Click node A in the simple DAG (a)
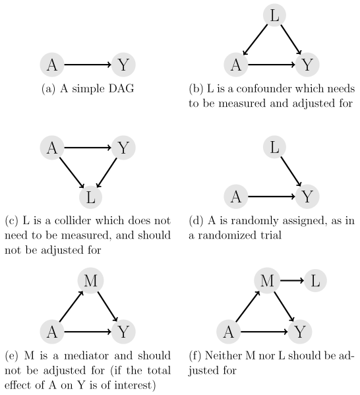pyautogui.click(x=52, y=65)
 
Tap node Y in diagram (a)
pyautogui.click(x=123, y=65)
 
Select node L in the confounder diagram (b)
pyautogui.click(x=274, y=15)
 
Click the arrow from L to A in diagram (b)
pyautogui.click(x=255, y=40)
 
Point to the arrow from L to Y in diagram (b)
pyautogui.click(x=291, y=40)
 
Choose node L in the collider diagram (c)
pyautogui.click(x=91, y=197)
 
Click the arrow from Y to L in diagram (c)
pyautogui.click(x=107, y=173)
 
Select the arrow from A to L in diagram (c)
pyautogui.click(x=72, y=173)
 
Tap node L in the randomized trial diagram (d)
pyautogui.click(x=274, y=147)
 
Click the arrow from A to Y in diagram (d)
pyautogui.click(x=272, y=197)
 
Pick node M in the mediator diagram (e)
pyautogui.click(x=91, y=280)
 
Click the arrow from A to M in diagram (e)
pyautogui.click(x=71, y=307)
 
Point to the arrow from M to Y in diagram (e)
pyautogui.click(x=108, y=307)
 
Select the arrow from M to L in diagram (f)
pyautogui.click(x=292, y=280)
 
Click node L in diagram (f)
pyautogui.click(x=315, y=280)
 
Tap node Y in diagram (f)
pyautogui.click(x=300, y=332)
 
